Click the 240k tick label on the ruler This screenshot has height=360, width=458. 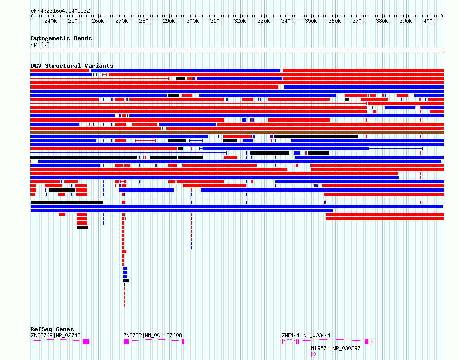click(50, 21)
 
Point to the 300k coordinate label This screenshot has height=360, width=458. click(192, 21)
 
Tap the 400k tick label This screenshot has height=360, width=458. click(429, 21)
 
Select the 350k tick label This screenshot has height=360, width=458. click(311, 21)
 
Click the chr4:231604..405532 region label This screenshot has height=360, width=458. click(60, 11)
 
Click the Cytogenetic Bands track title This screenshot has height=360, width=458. click(61, 38)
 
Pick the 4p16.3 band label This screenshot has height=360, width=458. click(40, 44)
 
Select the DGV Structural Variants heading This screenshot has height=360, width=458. click(72, 66)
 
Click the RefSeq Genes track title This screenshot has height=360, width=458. click(52, 329)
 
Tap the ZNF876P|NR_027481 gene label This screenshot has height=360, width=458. click(57, 335)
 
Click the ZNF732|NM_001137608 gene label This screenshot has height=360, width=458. click(152, 335)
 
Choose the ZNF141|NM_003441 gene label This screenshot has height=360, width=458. click(306, 335)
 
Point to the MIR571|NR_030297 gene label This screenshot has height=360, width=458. click(336, 348)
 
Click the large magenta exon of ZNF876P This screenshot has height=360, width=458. click(86, 341)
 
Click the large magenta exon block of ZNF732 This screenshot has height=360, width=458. click(126, 341)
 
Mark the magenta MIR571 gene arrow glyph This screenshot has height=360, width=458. click(314, 354)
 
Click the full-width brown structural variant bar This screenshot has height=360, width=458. click(237, 132)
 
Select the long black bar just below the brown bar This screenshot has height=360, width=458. click(316, 136)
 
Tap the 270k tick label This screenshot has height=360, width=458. click(121, 21)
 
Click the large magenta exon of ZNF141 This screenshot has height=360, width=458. click(367, 341)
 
